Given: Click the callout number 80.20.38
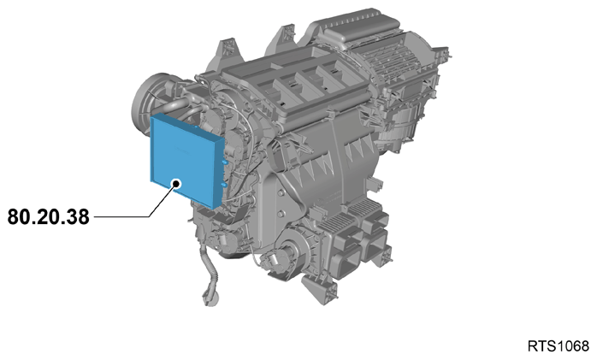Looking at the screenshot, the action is point(49,217).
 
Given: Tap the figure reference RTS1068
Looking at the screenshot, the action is point(558,346).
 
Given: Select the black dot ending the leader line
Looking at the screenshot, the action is point(176,184).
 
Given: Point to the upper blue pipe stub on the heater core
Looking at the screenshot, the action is point(225,162).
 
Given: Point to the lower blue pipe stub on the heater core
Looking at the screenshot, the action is point(225,185).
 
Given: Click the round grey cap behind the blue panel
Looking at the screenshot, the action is point(146,100).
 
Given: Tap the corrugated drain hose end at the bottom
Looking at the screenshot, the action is point(210,296).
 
